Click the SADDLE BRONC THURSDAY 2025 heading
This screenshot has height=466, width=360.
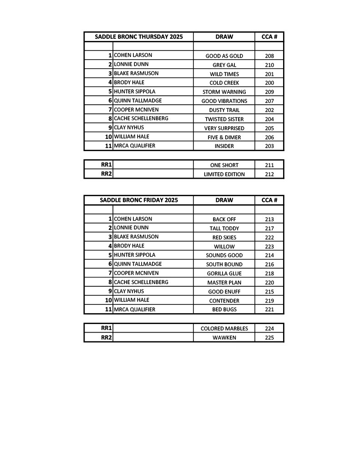pos(139,36)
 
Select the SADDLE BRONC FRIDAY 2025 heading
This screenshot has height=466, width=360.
pos(139,200)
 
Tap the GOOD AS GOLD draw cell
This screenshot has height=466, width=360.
pos(224,56)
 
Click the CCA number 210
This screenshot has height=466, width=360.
pos(269,65)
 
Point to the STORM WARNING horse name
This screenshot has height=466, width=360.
pos(224,92)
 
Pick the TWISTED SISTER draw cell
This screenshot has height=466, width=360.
pos(224,119)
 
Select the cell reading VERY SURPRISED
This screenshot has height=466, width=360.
pos(224,128)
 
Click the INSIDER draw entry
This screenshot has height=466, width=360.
pos(224,146)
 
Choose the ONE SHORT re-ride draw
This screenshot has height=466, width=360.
pos(224,165)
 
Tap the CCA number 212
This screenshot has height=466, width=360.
pos(269,174)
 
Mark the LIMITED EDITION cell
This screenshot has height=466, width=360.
pos(224,174)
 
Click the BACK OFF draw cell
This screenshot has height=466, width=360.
pos(224,219)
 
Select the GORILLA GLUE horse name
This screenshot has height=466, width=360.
pos(224,274)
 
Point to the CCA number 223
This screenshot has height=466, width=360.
pos(269,247)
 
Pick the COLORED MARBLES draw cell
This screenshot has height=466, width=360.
pos(224,329)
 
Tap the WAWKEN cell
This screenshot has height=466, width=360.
pos(224,338)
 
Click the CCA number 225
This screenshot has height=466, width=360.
pos(269,338)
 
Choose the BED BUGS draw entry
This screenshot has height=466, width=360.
pos(224,309)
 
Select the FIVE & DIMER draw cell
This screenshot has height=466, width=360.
pos(224,137)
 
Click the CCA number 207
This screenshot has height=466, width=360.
pos(269,101)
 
